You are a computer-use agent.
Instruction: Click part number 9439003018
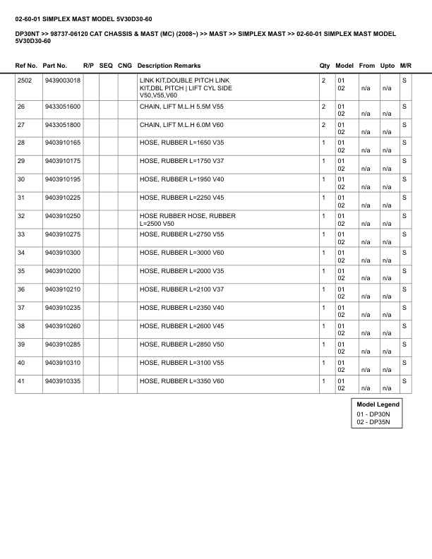click(62, 80)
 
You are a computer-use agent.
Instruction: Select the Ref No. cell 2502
click(25, 80)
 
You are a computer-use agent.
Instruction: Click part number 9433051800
click(62, 124)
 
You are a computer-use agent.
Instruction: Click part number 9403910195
click(62, 179)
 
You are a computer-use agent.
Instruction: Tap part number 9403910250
click(62, 216)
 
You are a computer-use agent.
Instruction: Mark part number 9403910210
click(62, 289)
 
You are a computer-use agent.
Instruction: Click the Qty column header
click(325, 66)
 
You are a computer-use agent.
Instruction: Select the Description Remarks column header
click(169, 66)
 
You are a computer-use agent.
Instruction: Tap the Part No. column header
click(55, 66)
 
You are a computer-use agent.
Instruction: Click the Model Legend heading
click(378, 404)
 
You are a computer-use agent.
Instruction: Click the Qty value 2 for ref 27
click(323, 124)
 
